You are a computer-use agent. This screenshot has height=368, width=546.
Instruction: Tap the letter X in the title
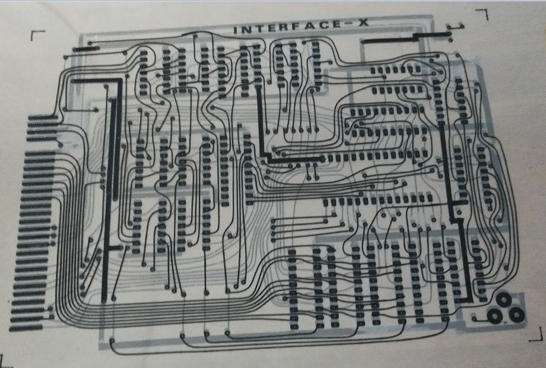point(363,23)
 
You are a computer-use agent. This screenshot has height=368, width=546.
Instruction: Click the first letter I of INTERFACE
point(235,30)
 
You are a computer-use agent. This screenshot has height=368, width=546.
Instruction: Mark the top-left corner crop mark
point(37,34)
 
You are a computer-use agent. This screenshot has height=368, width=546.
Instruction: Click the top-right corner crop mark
point(483,13)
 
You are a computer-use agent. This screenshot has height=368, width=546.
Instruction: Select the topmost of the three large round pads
point(504,299)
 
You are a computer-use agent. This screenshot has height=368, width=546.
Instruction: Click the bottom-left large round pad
point(494,315)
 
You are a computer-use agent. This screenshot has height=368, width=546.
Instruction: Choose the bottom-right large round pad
point(516,315)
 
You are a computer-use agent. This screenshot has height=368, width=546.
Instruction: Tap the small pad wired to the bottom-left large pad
point(474,318)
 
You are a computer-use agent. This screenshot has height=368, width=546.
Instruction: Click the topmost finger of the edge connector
point(43,118)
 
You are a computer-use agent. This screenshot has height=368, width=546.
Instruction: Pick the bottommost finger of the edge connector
point(26,328)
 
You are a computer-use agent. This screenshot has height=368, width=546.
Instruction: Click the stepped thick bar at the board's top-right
point(407,37)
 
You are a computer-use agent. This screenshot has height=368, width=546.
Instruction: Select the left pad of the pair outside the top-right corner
point(449,27)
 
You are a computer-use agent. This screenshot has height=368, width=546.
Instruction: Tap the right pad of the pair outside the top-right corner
point(461,26)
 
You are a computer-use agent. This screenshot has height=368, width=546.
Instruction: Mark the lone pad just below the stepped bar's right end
point(450,40)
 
